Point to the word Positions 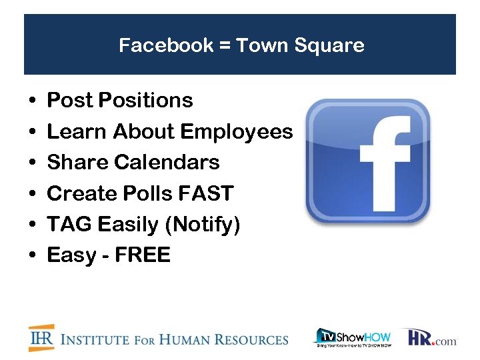point(145,101)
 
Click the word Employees point(237,132)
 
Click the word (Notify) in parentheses point(204,225)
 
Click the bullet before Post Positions point(33,101)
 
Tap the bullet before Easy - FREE point(33,256)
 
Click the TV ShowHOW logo point(353,337)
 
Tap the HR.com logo point(432,337)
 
